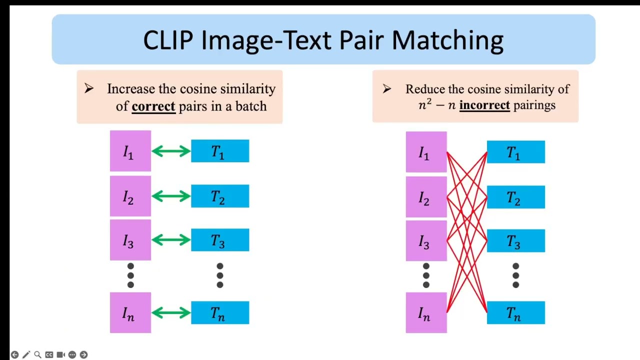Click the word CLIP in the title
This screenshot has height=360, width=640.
(x=168, y=40)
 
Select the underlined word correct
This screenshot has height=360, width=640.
(x=153, y=106)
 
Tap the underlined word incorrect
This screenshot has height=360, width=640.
(x=484, y=105)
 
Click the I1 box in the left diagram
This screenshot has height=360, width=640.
(x=130, y=151)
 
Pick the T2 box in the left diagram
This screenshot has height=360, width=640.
(x=220, y=196)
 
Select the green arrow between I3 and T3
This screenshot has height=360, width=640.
(x=171, y=240)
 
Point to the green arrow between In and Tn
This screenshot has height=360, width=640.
(x=171, y=313)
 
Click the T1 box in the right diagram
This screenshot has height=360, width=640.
(x=515, y=152)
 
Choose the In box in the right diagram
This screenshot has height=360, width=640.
(x=426, y=313)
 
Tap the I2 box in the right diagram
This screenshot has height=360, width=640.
(x=426, y=197)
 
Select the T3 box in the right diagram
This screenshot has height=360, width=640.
(x=515, y=241)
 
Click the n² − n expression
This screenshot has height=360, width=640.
(x=436, y=105)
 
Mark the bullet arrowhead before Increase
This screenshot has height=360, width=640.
(x=89, y=89)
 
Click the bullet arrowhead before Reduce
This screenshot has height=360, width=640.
(x=386, y=89)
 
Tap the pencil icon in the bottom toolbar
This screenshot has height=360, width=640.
(x=26, y=354)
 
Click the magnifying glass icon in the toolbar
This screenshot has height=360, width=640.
(x=37, y=354)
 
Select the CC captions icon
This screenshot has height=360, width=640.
(x=49, y=354)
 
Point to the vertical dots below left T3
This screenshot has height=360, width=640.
(x=219, y=275)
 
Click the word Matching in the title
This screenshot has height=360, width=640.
(x=447, y=40)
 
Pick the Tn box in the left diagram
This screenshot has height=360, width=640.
(x=220, y=313)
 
